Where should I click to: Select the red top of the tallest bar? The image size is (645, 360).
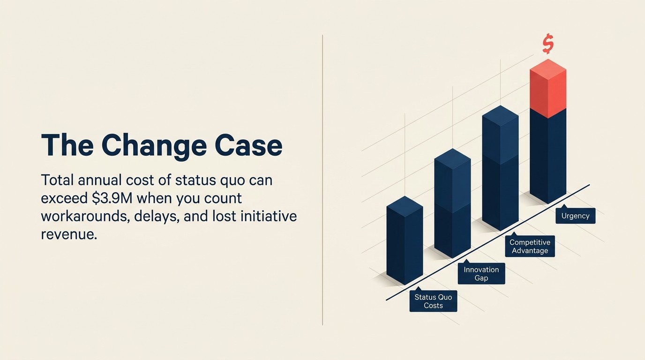(547, 89)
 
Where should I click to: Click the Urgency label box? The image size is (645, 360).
(575, 216)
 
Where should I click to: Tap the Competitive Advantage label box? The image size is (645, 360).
(530, 247)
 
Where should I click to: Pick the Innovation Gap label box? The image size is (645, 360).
(481, 274)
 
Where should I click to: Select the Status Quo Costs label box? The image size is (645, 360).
(433, 301)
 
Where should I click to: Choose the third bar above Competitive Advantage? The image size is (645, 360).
(500, 169)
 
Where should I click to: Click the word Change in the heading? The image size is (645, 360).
(154, 146)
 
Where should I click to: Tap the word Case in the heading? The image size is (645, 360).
(248, 146)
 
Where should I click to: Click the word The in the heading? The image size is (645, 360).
(67, 146)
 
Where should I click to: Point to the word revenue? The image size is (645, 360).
(68, 234)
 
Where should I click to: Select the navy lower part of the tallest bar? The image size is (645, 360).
(547, 155)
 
